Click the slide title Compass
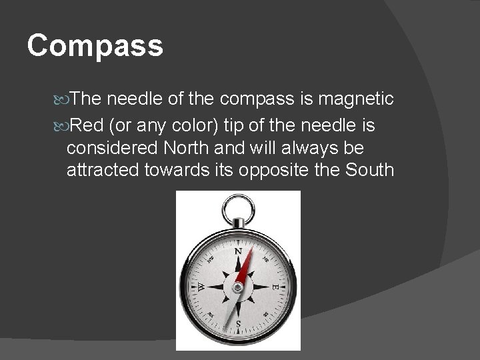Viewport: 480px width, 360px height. (x=95, y=47)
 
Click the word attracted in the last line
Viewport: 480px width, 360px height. (x=103, y=171)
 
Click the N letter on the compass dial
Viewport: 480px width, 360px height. (x=237, y=253)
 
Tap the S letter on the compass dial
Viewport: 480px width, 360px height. (x=238, y=323)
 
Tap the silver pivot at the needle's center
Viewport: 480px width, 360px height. (x=238, y=287)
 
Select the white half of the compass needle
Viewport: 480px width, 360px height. (x=230, y=310)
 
